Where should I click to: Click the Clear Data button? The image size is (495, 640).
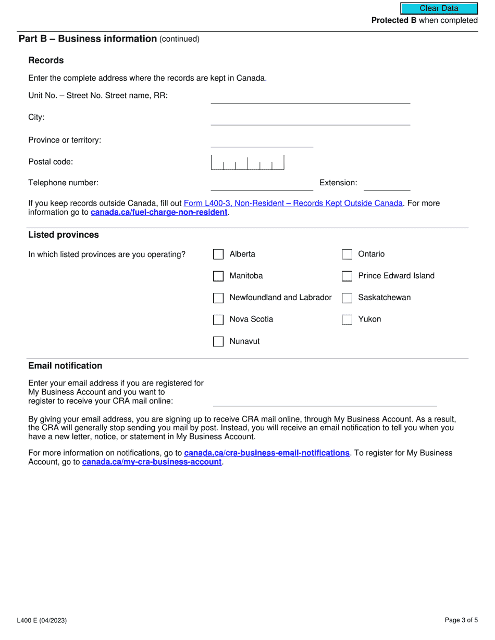click(439, 8)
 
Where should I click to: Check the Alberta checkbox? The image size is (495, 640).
click(218, 254)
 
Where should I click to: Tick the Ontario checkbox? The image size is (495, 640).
click(347, 254)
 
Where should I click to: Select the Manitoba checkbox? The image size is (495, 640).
click(218, 276)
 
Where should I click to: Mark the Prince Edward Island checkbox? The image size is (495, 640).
click(347, 276)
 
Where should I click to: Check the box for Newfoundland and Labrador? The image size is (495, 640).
click(218, 298)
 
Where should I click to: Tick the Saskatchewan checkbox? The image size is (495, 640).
click(347, 298)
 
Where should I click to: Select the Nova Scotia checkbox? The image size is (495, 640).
click(218, 319)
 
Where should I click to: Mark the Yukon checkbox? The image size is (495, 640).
click(347, 319)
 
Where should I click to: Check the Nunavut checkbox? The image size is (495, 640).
click(218, 342)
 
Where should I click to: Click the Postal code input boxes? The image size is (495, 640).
click(247, 163)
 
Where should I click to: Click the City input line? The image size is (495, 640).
click(310, 119)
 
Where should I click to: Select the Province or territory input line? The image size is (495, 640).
click(262, 142)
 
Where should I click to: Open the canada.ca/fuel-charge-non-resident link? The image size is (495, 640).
click(159, 212)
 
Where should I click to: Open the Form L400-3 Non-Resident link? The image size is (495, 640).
click(293, 203)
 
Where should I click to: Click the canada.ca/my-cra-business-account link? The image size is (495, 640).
click(152, 462)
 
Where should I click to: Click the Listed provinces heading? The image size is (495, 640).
click(64, 235)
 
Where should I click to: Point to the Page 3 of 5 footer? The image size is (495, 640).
click(461, 620)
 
